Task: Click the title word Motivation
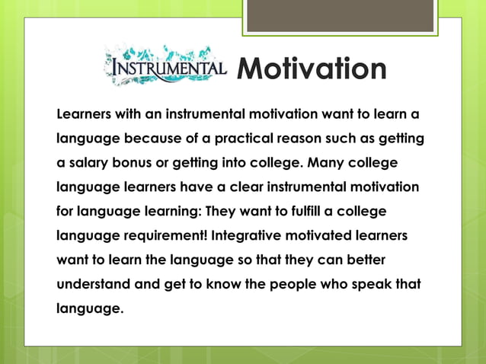pyautogui.click(x=311, y=69)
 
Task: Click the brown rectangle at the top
pyautogui.click(x=341, y=15)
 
